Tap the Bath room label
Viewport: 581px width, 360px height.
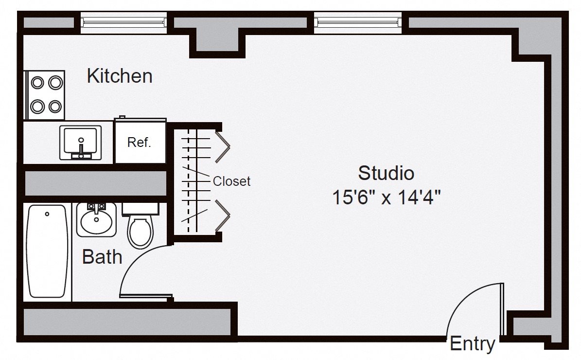(102, 256)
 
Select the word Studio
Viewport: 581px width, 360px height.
(386, 174)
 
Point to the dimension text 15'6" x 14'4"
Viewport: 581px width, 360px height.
(386, 197)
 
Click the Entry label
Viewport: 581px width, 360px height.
(473, 343)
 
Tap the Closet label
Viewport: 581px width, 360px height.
(231, 181)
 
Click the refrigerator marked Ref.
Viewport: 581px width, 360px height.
(141, 141)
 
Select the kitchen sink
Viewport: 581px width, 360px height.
(81, 143)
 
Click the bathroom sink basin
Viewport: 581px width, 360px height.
(96, 220)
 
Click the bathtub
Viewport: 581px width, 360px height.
(47, 252)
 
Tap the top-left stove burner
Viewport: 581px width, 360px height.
(37, 83)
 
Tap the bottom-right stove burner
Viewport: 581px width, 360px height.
(55, 107)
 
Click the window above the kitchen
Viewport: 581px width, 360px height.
(124, 22)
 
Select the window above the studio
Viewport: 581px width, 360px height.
(358, 22)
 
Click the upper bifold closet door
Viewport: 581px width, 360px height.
(223, 147)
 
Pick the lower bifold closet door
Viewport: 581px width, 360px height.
(223, 215)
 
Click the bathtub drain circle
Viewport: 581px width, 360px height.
(47, 214)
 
